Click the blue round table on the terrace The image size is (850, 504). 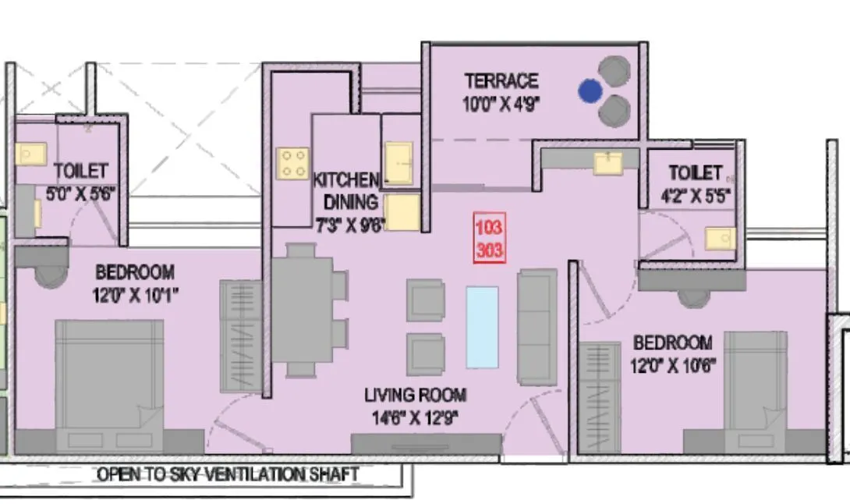[590, 91]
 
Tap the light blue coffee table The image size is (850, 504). [482, 327]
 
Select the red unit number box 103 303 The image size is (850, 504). [488, 242]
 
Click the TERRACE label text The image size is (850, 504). [501, 81]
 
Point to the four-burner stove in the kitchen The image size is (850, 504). [293, 163]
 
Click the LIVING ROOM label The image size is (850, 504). [415, 395]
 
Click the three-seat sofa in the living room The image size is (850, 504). [537, 327]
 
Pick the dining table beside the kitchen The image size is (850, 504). [300, 310]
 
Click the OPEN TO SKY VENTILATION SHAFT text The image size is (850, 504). [228, 474]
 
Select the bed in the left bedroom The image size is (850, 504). [109, 382]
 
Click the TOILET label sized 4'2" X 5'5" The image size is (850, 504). [696, 172]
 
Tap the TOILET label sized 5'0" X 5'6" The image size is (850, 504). [81, 171]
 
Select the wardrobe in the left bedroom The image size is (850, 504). [239, 335]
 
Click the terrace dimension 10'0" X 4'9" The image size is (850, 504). [501, 105]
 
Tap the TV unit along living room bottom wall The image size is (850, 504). [426, 445]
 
